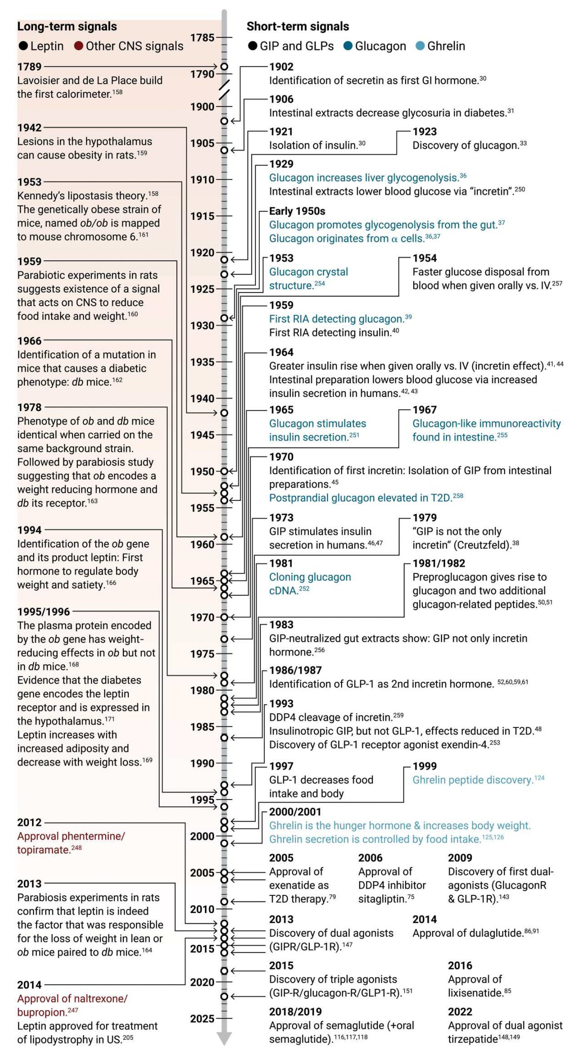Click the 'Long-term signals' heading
(67, 26)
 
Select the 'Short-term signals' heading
(297, 26)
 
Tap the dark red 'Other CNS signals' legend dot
(79, 46)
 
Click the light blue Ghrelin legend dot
(420, 46)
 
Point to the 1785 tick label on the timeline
(202, 38)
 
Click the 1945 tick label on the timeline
(202, 435)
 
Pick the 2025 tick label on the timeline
(202, 1019)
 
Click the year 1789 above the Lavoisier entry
(29, 66)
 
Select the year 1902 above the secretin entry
(281, 66)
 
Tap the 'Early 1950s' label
(297, 211)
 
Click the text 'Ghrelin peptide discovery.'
(473, 780)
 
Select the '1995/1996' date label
(44, 611)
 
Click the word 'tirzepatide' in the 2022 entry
(472, 1039)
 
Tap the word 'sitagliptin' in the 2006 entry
(380, 899)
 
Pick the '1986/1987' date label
(295, 670)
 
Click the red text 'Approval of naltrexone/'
(72, 998)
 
